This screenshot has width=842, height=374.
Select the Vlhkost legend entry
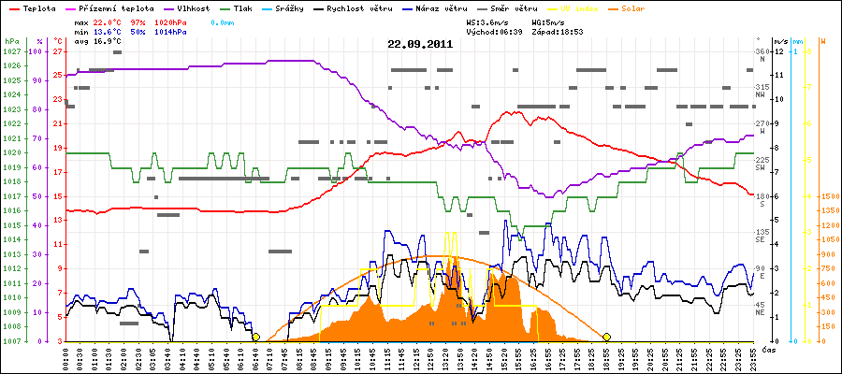click(x=193, y=7)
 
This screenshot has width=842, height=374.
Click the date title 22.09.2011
click(x=421, y=44)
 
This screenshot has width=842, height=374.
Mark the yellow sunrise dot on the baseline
click(x=255, y=337)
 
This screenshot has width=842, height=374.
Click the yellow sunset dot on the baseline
click(x=606, y=337)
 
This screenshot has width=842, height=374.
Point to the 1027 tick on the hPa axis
click(x=11, y=51)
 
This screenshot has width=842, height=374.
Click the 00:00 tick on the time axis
click(x=66, y=357)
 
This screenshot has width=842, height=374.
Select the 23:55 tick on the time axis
click(x=751, y=357)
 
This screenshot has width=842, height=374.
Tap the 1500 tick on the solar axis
click(x=827, y=196)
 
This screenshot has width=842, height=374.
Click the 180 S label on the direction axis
click(x=762, y=200)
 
